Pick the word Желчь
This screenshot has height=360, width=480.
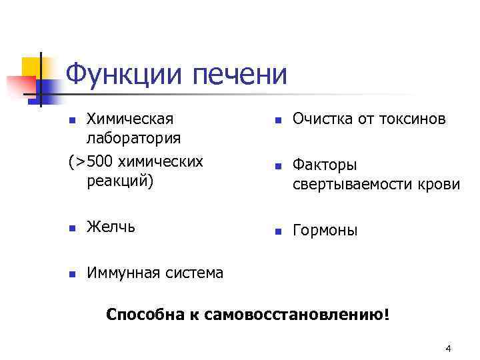tap(111, 227)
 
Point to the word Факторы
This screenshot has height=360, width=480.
tap(325, 165)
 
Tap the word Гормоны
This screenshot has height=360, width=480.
tap(325, 231)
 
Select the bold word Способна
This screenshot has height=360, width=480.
tap(140, 314)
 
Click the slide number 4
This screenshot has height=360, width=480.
tap(448, 349)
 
